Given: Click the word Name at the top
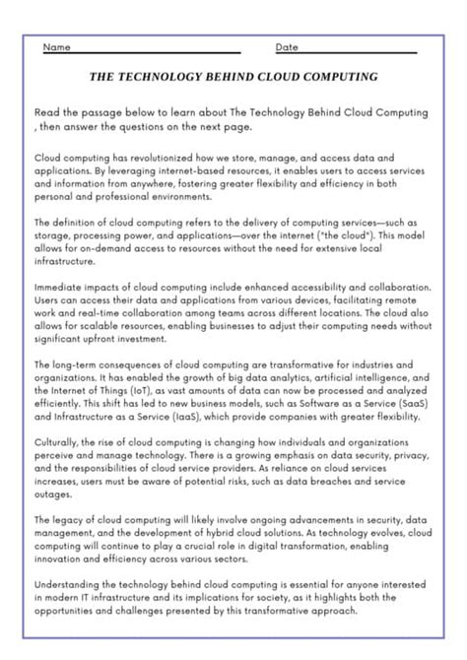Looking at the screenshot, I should click(57, 47).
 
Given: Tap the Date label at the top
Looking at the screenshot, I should click(287, 47).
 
